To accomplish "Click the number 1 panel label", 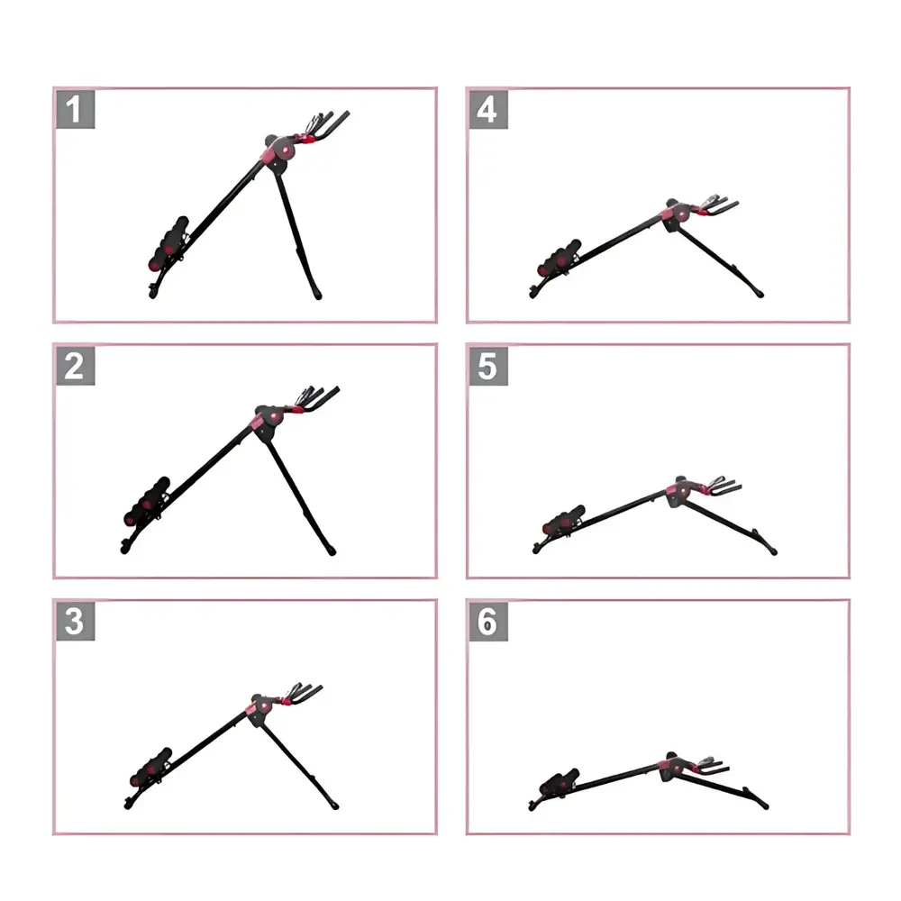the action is (76, 109).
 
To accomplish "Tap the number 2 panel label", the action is (76, 366).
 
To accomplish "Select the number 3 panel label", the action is (76, 621).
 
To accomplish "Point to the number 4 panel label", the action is (488, 109).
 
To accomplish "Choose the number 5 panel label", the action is (488, 366).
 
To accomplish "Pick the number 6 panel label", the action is (488, 621).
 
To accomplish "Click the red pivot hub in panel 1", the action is (283, 150).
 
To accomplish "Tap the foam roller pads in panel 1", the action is (168, 243).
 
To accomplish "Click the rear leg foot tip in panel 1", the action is (317, 296).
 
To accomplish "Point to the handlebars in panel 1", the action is (324, 126).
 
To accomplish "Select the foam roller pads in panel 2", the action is (147, 501).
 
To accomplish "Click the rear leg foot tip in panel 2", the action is (332, 551).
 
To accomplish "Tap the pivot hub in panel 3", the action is (262, 705).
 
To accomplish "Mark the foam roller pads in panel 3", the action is (151, 767).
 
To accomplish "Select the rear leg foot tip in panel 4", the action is (760, 295).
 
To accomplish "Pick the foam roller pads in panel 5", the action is (564, 520).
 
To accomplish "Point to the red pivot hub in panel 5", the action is (680, 491).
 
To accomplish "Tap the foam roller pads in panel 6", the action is (560, 781).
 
